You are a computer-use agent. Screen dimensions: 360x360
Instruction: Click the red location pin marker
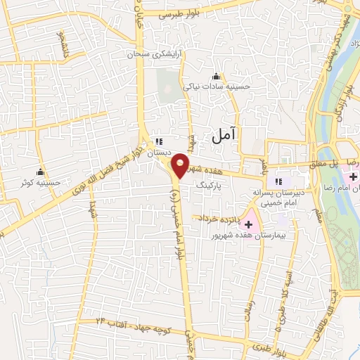[x=180, y=166]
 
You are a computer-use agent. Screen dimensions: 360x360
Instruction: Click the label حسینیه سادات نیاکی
[x=216, y=87]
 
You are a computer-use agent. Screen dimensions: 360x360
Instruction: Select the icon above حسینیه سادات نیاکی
[x=216, y=77]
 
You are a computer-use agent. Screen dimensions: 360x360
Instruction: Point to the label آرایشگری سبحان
[x=152, y=54]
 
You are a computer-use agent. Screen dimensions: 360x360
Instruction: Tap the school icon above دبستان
[x=158, y=141]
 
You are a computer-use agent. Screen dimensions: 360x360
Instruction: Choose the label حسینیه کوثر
[x=40, y=182]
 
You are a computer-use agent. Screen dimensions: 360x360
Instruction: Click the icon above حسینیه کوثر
[x=40, y=172]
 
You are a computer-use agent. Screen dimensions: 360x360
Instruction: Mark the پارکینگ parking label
[x=212, y=186]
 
